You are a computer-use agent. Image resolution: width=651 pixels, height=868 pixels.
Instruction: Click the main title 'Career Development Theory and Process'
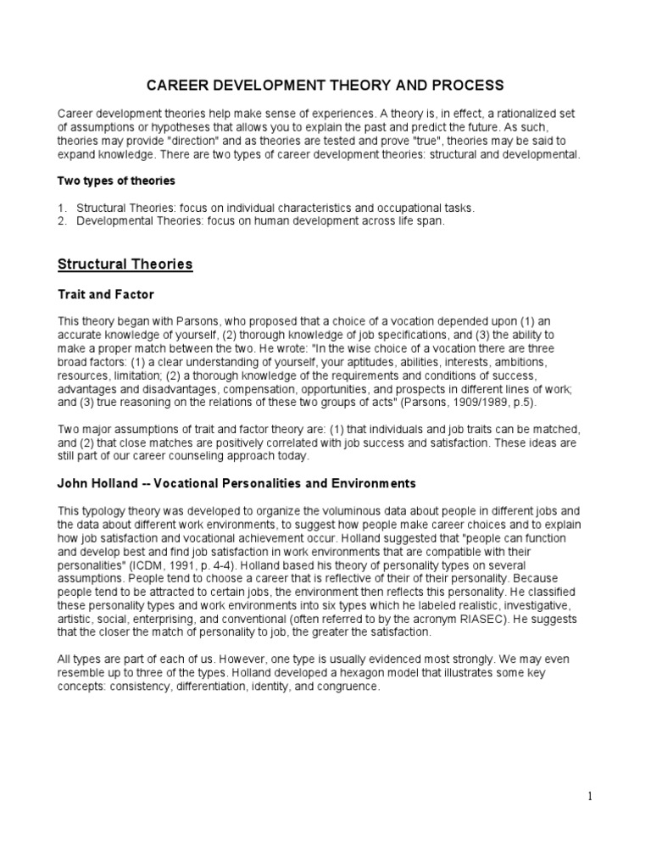(x=325, y=86)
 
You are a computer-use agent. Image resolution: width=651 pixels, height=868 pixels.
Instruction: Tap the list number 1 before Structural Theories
(x=61, y=208)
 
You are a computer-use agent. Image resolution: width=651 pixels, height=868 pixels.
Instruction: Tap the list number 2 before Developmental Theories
(x=61, y=220)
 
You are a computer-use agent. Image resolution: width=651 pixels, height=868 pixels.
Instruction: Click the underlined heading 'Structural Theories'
(x=125, y=264)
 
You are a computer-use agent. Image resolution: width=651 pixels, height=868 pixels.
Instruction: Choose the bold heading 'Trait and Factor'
(x=105, y=294)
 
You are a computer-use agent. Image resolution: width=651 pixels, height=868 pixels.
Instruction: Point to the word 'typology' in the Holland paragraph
(x=105, y=511)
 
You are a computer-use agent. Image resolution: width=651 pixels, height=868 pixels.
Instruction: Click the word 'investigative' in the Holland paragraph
(x=548, y=606)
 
